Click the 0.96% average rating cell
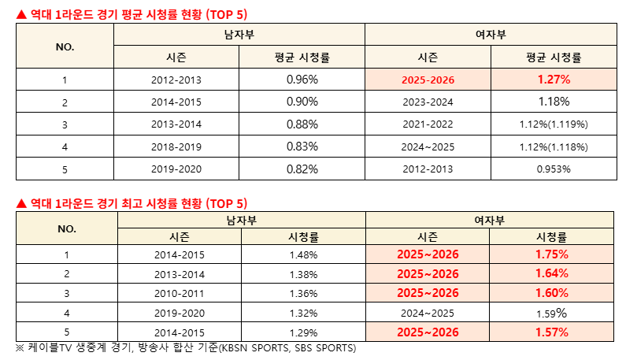(302, 80)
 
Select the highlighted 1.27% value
(554, 80)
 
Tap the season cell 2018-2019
(176, 147)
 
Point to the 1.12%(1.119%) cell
(554, 124)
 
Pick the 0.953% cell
(554, 169)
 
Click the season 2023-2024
(428, 102)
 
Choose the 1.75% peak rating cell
(552, 254)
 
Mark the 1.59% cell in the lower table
(552, 312)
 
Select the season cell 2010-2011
(180, 293)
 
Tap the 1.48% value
(303, 254)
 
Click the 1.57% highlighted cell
(552, 332)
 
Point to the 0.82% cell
(302, 169)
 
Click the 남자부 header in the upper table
(239, 35)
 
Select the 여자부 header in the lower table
(490, 220)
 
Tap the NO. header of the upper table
(65, 46)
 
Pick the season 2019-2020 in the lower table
(180, 312)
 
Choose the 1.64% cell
(552, 273)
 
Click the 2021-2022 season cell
(428, 124)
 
